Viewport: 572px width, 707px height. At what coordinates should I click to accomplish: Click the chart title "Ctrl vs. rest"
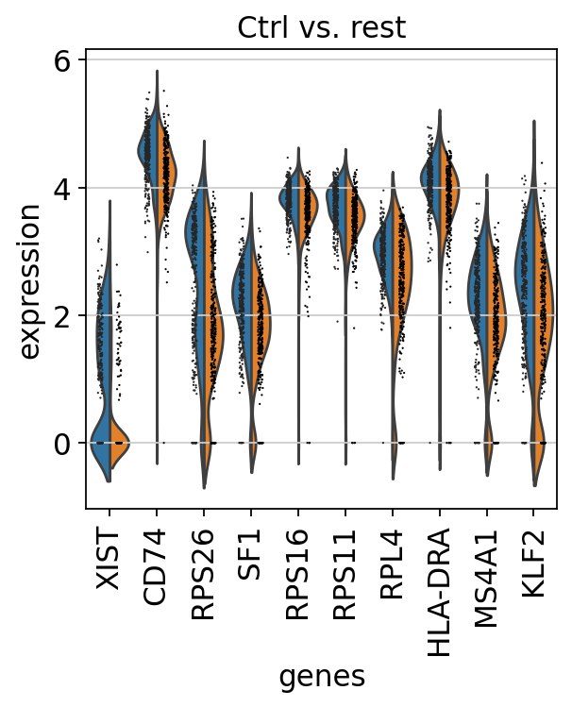point(321,27)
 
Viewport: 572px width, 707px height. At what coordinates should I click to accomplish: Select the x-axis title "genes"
point(321,676)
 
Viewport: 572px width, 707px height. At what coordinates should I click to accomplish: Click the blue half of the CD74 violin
point(148,151)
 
